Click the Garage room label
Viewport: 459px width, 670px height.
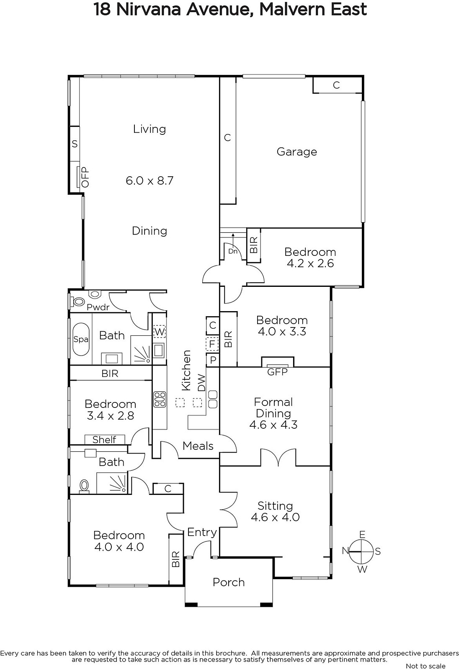point(297,152)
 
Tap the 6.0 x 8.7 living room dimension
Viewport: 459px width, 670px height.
point(150,180)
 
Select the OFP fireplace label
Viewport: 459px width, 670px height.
point(85,177)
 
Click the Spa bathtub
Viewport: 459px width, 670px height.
point(81,339)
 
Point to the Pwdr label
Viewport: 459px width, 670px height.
point(98,307)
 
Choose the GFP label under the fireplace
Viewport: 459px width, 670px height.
point(277,372)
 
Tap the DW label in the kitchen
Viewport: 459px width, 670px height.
point(202,383)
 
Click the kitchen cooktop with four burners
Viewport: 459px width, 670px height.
point(160,399)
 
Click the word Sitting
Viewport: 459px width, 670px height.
point(275,506)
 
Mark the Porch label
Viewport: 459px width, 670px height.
point(229,582)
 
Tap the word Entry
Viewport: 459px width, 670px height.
point(202,533)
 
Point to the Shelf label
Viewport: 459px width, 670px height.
point(104,439)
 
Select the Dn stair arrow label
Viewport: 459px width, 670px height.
point(233,251)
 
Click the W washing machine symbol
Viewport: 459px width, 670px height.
point(160,332)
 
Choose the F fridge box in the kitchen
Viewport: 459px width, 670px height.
point(212,344)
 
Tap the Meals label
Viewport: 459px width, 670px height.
point(198,446)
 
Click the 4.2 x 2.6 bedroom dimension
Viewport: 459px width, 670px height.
point(310,263)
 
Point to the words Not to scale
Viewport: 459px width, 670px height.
point(425,666)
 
